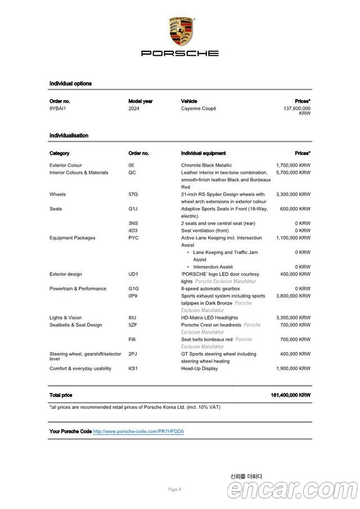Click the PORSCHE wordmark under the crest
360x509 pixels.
pos(180,53)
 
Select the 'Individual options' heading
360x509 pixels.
pos(70,83)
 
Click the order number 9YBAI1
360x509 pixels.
pos(57,108)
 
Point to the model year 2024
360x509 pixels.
pos(134,108)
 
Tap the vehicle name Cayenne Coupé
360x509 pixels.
pos(199,108)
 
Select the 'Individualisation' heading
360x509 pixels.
pos(69,136)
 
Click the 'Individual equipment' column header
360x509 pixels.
pos(203,153)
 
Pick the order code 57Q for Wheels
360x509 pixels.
pos(133,194)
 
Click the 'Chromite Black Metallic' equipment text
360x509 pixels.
pos(206,165)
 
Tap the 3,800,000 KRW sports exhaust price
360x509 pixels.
pos(293,296)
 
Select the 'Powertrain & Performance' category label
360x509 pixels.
pos(78,289)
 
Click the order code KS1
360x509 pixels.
pos(133,368)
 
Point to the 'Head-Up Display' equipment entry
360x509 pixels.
pos(199,368)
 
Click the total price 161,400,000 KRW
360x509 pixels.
pos(290,395)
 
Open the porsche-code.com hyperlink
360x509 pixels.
pos(138,431)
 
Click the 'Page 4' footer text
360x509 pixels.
pos(174,489)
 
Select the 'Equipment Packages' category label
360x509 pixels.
pos(72,238)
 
